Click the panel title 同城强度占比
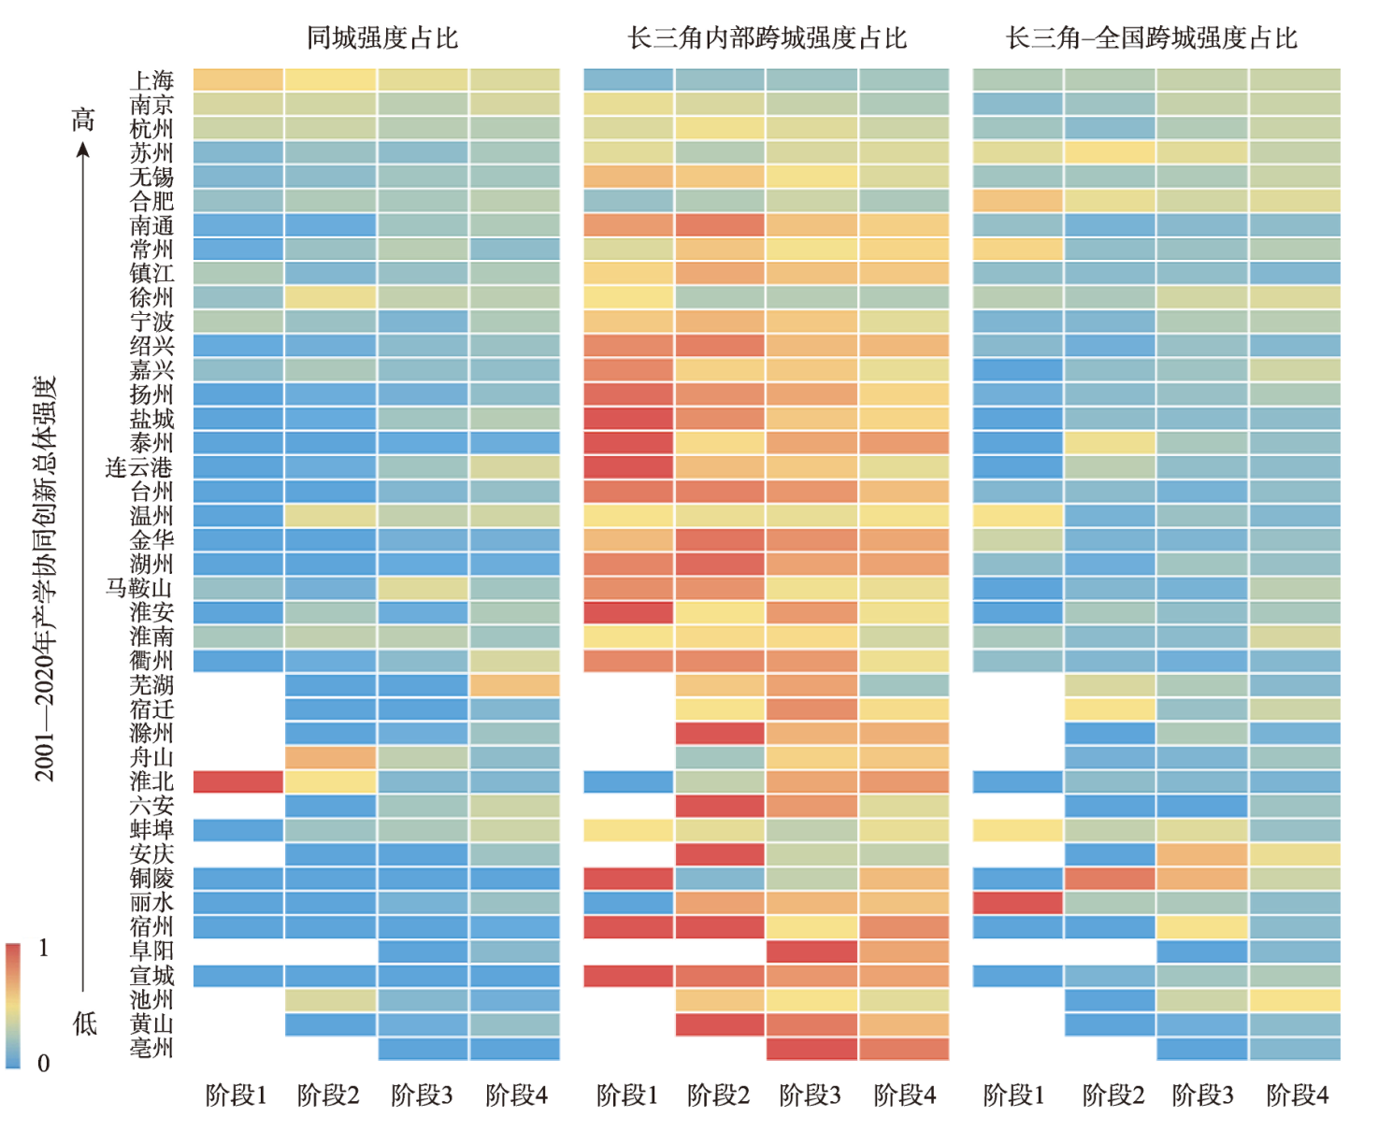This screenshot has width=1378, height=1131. pos(382,38)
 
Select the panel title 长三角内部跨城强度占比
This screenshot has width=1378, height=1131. pos(767,38)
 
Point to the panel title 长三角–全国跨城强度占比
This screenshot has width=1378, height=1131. pos(1152,38)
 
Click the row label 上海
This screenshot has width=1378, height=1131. pos(151,80)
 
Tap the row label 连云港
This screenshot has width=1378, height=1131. pos(139,467)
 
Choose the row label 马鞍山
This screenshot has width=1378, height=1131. pos(139,588)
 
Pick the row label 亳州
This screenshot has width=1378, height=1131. pos(151,1048)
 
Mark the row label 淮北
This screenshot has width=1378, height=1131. pos(151,781)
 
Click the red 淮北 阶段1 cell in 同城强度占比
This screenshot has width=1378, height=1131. pos(238,781)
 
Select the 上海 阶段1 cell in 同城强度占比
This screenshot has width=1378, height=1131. pos(238,80)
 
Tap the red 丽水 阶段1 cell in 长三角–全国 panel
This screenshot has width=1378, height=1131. pos(1017,903)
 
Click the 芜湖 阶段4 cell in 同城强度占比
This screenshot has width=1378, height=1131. pos(515,685)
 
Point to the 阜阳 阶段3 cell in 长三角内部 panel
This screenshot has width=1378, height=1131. pos(811,952)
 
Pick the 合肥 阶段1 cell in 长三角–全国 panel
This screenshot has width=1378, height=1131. pos(1017,201)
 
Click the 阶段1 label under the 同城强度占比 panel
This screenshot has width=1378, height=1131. pos(237,1095)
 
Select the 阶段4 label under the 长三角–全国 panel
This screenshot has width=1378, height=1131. pos(1297,1095)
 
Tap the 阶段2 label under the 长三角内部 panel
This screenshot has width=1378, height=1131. pos(718,1095)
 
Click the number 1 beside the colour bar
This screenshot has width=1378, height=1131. pos(44,949)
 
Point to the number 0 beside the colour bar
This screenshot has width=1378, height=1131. pos(44,1064)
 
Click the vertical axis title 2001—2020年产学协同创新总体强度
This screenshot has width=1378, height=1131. pos(46,580)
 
